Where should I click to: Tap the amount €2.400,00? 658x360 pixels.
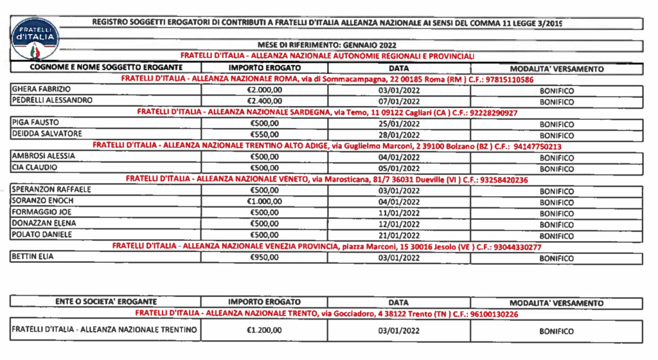265,101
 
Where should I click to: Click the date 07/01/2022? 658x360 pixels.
399,101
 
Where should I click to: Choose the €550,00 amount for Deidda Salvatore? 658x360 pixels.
265,134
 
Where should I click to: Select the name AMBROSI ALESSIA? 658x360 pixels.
44,157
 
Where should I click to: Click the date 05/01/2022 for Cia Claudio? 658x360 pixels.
399,168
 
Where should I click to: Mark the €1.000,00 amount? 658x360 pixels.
265,201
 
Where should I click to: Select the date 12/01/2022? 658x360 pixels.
399,224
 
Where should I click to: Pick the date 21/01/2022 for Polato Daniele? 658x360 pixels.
399,235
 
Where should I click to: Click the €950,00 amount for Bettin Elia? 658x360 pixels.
265,257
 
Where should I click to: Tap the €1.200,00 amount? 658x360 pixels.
265,330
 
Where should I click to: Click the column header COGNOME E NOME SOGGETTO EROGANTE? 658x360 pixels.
106,67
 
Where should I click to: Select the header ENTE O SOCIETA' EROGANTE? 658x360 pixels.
106,301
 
